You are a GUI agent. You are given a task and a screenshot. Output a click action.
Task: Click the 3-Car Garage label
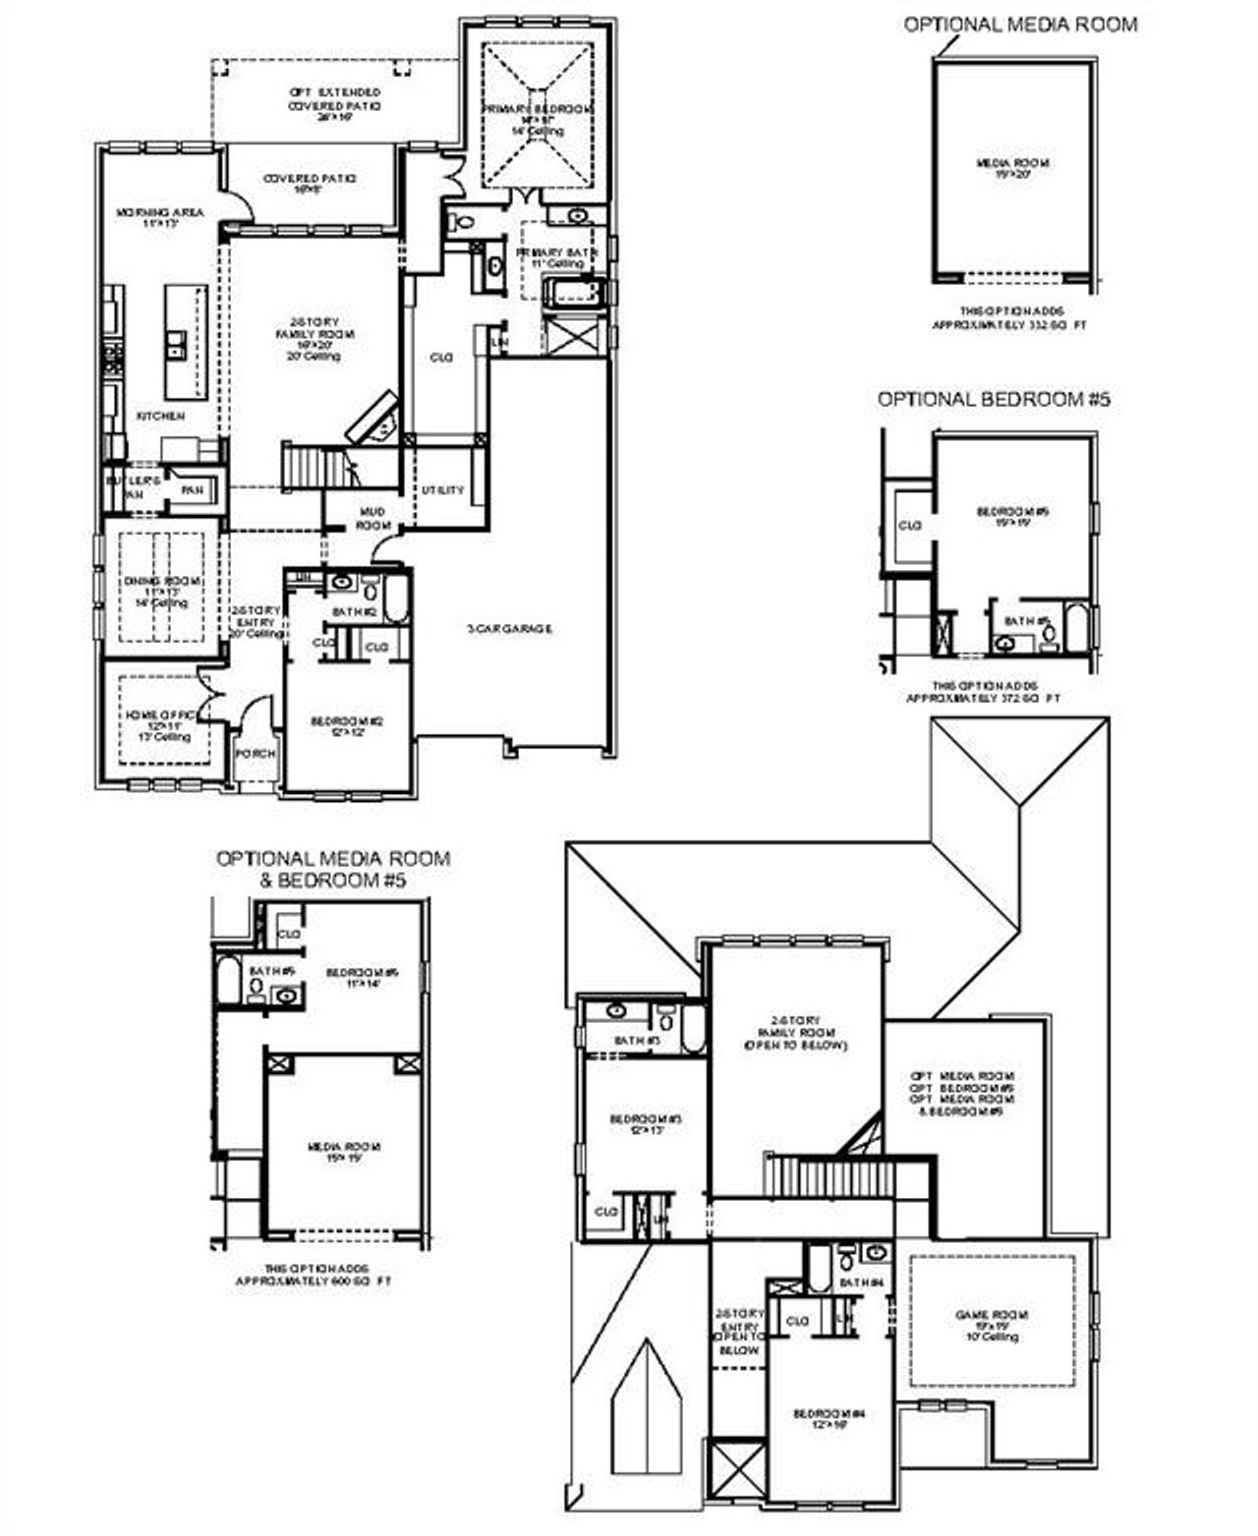[x=508, y=629]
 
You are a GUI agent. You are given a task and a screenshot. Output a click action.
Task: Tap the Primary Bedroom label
[x=538, y=109]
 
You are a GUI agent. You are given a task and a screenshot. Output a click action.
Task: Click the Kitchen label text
[x=160, y=417]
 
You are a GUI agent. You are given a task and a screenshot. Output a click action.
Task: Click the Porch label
[x=256, y=754]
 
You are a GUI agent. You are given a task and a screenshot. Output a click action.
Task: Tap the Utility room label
[x=442, y=490]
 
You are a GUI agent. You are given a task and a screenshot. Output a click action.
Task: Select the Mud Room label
[x=374, y=518]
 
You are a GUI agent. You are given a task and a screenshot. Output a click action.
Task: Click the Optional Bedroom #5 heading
[x=994, y=400]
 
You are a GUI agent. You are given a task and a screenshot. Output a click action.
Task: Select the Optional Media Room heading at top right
[x=1020, y=25]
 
